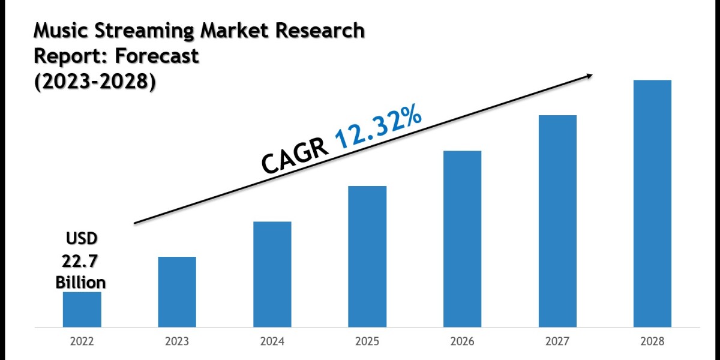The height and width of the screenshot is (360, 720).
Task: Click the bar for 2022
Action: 82,310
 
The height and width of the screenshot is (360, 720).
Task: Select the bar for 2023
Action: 176,292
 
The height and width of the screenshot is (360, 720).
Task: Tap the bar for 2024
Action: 272,274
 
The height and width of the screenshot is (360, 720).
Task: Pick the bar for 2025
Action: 367,257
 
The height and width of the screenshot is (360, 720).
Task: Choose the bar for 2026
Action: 462,239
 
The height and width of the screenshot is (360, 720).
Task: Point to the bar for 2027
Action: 557,221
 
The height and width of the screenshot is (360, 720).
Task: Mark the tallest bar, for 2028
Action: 652,203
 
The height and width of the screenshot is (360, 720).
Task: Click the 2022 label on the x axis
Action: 82,342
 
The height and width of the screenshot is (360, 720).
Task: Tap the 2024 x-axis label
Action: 272,342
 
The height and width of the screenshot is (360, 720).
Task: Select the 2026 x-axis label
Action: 462,342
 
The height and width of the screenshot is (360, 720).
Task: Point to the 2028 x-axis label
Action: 652,342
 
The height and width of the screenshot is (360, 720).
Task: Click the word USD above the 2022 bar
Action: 81,239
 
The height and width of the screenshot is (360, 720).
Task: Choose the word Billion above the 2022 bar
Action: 81,282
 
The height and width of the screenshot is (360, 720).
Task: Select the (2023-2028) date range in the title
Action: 94,83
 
